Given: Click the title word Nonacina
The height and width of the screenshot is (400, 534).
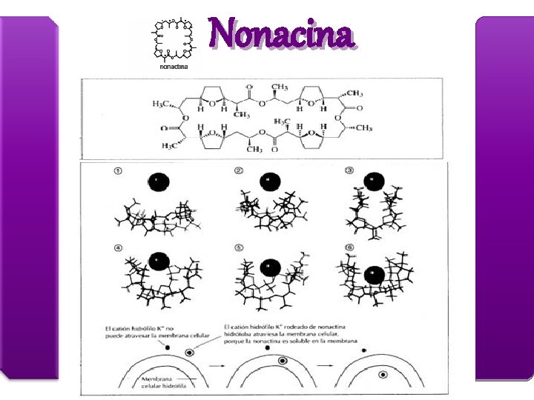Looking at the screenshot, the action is tap(282, 34).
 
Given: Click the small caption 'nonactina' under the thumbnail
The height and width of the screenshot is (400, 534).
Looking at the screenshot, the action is tap(174, 67).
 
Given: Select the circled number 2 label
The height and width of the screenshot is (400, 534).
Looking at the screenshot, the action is tap(238, 171).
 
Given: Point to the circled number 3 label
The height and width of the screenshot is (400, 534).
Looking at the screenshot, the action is tap(349, 171).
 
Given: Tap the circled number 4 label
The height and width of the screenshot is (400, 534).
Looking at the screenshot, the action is tap(118, 249).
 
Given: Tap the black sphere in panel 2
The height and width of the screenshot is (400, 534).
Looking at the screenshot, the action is tap(270, 181).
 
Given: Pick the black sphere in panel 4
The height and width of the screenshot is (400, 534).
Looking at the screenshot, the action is tap(158, 261).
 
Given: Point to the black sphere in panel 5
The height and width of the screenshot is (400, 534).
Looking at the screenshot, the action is tap(270, 267).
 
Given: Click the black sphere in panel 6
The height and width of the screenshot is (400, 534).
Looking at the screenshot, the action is tap(375, 276).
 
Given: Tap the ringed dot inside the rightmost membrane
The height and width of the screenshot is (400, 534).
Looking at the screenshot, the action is tap(383, 375).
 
